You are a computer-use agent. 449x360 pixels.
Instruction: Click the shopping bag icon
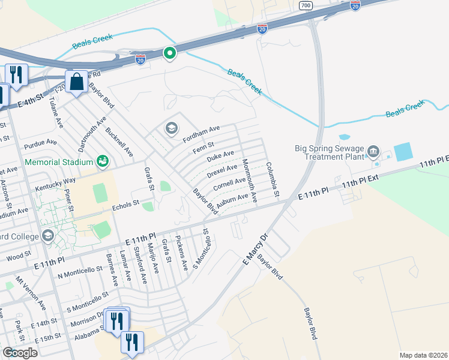[x=77, y=82]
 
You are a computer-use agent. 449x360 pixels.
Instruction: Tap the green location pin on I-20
[x=170, y=54]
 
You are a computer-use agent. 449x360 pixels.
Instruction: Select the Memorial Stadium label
[x=59, y=161]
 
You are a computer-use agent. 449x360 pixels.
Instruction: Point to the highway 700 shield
[x=306, y=5]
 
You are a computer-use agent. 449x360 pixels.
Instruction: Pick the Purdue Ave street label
[x=40, y=144]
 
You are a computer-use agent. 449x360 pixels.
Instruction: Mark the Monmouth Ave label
[x=249, y=180]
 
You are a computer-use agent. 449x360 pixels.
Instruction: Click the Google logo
[x=20, y=353]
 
